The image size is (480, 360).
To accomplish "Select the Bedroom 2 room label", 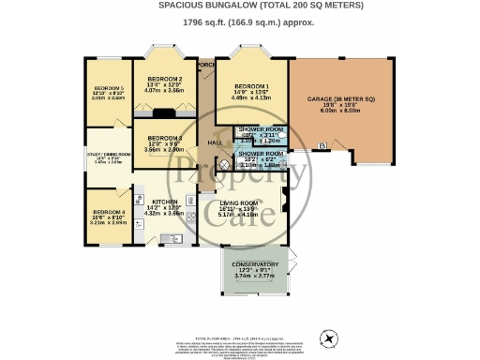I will [165, 78].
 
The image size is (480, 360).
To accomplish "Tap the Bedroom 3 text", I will [165, 138].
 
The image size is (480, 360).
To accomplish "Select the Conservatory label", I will [254, 264].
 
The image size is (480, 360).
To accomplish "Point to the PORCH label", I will [206, 65].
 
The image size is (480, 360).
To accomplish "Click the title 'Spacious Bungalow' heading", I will [241, 6].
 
